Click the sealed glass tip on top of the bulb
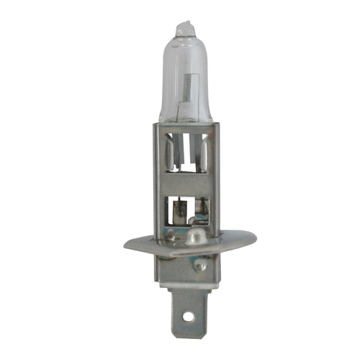tap(185, 27)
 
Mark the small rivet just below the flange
tap(201, 264)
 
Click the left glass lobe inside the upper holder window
tap(168, 155)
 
